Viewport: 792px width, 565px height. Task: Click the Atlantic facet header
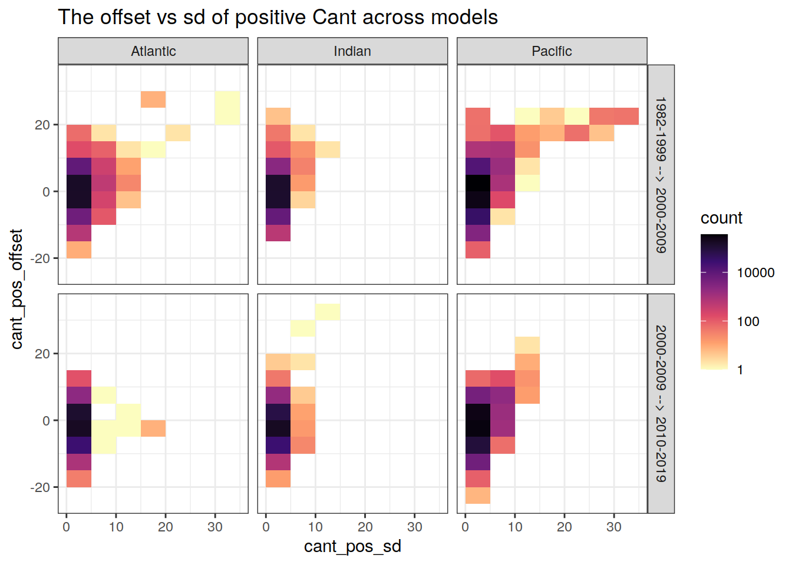pyautogui.click(x=153, y=51)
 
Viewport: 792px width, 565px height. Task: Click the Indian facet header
pyautogui.click(x=352, y=51)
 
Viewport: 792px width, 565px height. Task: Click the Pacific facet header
pyautogui.click(x=552, y=51)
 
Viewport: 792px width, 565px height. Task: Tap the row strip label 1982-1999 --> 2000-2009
pyautogui.click(x=661, y=175)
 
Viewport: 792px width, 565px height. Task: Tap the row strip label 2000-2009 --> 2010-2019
pyautogui.click(x=661, y=403)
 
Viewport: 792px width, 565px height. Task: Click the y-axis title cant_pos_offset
pyautogui.click(x=16, y=288)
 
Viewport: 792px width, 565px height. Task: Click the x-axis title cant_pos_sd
pyautogui.click(x=352, y=546)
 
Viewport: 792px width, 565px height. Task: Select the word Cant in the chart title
pyautogui.click(x=335, y=17)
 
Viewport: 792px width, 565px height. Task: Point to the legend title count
pyautogui.click(x=721, y=218)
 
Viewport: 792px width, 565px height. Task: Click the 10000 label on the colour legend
pyautogui.click(x=755, y=272)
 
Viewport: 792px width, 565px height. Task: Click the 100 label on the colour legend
pyautogui.click(x=748, y=321)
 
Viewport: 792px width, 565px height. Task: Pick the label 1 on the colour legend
pyautogui.click(x=740, y=370)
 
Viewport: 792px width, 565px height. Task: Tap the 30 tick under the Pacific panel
pyautogui.click(x=614, y=527)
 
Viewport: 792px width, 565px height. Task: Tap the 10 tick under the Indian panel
pyautogui.click(x=315, y=527)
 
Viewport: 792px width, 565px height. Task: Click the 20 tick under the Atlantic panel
pyautogui.click(x=166, y=527)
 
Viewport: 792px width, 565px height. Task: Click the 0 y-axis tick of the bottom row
pyautogui.click(x=46, y=421)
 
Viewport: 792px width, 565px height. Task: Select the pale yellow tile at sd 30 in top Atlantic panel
pyautogui.click(x=227, y=108)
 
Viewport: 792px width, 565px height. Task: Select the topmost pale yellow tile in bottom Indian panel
pyautogui.click(x=328, y=311)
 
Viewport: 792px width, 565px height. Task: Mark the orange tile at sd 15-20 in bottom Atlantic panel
pyautogui.click(x=153, y=428)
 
